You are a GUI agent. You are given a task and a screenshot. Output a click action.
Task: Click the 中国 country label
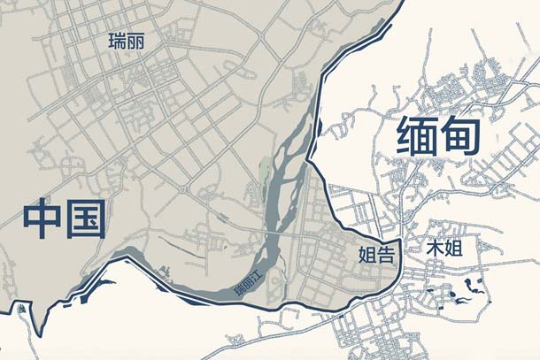(64, 218)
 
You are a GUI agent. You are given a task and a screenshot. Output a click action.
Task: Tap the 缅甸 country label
(438, 136)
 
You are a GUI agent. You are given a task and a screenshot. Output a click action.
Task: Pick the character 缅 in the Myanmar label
(416, 136)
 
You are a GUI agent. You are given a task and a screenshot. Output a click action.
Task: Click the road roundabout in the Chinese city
(182, 190)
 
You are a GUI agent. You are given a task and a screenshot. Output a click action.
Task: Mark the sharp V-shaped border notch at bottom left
(40, 334)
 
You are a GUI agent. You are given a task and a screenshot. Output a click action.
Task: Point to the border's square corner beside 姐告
(400, 241)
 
